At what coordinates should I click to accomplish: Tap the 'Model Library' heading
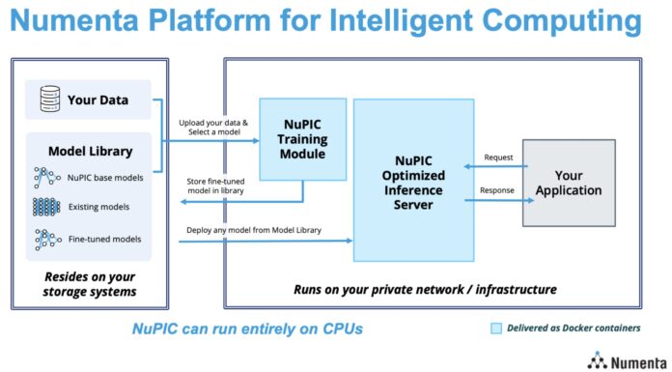tap(90, 152)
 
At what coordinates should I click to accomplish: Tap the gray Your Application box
tap(569, 183)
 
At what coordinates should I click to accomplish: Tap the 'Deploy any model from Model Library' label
tap(250, 229)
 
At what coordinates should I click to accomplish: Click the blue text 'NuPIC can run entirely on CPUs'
tap(246, 329)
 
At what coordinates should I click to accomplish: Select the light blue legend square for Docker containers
tap(496, 329)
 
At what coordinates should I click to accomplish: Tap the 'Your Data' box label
tap(97, 100)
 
